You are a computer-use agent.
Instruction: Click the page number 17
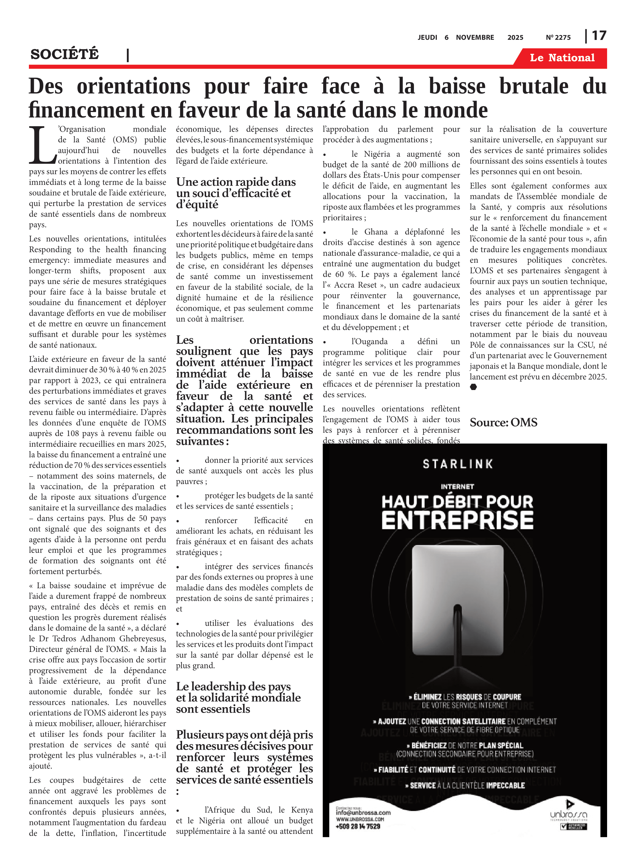click(599, 36)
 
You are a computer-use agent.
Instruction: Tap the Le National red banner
click(562, 58)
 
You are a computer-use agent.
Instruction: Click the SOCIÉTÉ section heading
click(65, 54)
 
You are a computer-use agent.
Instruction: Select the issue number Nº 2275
click(558, 37)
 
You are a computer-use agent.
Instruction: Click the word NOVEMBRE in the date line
click(475, 37)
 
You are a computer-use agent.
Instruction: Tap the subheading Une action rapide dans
click(236, 182)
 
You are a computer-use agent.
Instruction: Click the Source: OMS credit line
click(503, 423)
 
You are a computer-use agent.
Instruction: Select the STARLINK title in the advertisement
click(458, 464)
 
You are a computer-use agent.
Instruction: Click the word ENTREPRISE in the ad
click(457, 521)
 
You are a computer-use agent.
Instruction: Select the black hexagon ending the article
click(474, 387)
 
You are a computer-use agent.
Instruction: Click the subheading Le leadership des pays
click(233, 686)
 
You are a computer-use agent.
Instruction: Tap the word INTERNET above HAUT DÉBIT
click(457, 487)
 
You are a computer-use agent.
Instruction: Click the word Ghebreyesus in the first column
click(143, 638)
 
